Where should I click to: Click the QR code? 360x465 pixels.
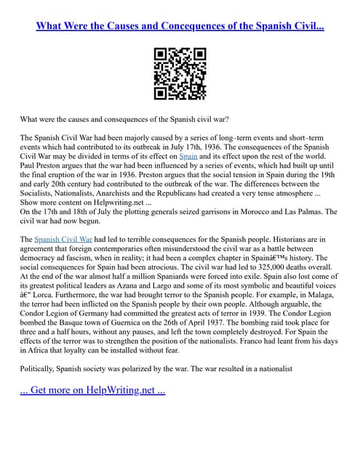(x=180, y=73)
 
